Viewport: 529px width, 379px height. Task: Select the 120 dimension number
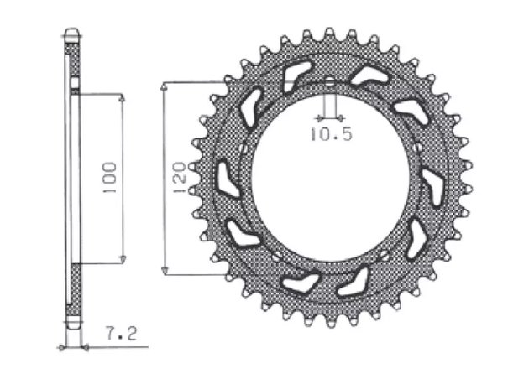pyautogui.click(x=179, y=179)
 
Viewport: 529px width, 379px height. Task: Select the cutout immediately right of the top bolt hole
pyautogui.click(x=369, y=76)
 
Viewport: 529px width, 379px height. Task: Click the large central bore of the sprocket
pyautogui.click(x=329, y=180)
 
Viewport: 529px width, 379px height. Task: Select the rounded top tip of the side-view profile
pyautogui.click(x=73, y=34)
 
